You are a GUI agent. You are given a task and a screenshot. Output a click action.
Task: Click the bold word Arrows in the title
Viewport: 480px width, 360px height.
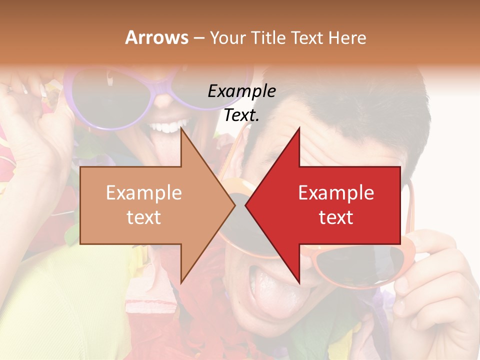(157, 37)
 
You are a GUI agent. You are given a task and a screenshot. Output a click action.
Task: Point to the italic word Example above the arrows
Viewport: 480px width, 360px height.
(241, 91)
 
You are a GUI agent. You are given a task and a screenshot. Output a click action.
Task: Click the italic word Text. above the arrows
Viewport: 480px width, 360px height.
(241, 115)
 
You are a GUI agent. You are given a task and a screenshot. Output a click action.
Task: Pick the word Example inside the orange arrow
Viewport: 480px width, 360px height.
(144, 193)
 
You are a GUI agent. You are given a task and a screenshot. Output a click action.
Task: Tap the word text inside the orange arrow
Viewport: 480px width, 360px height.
(144, 217)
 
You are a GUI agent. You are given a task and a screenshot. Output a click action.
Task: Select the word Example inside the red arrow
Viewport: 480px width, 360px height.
(336, 193)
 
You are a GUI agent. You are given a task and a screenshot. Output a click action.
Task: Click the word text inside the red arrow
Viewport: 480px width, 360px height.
(336, 217)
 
